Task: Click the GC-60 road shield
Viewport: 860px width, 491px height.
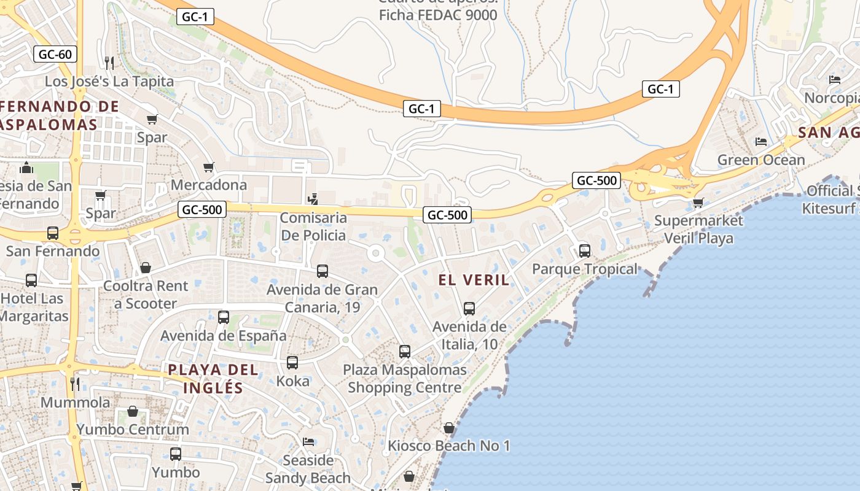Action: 55,54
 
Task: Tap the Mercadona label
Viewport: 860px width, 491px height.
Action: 209,185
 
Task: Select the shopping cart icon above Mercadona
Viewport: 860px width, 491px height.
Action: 209,167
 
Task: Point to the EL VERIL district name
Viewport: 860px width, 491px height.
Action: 474,280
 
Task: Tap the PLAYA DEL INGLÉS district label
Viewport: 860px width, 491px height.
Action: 213,379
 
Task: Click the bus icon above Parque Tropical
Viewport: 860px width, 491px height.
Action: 585,251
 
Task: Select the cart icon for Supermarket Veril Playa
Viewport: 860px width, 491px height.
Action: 698,203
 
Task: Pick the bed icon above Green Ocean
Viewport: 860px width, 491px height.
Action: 761,142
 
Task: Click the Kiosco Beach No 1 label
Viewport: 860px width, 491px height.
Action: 449,446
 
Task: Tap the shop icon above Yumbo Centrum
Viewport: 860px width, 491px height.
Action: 133,411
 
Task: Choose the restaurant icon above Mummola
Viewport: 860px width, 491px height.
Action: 75,384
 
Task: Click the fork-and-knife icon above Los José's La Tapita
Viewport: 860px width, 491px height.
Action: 109,63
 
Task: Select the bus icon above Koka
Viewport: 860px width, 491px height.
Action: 292,363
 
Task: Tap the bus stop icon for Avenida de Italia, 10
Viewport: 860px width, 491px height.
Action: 469,309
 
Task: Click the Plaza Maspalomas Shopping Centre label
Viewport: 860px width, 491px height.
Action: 404,379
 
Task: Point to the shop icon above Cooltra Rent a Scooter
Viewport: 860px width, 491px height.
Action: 146,268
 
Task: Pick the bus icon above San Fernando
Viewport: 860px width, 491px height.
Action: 53,233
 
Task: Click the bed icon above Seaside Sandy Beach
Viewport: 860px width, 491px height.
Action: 308,442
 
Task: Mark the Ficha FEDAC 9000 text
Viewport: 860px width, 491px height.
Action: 437,15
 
